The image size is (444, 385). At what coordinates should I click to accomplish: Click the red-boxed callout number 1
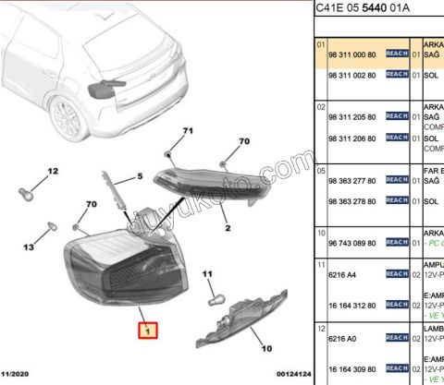(x=146, y=329)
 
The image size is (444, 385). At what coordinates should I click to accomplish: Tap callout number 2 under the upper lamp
(x=225, y=224)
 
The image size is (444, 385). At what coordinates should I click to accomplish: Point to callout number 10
(x=267, y=348)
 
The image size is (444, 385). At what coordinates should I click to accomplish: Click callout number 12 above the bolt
(x=53, y=171)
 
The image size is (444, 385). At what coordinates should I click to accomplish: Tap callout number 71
(x=187, y=131)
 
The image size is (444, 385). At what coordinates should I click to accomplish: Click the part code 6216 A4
(x=340, y=275)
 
